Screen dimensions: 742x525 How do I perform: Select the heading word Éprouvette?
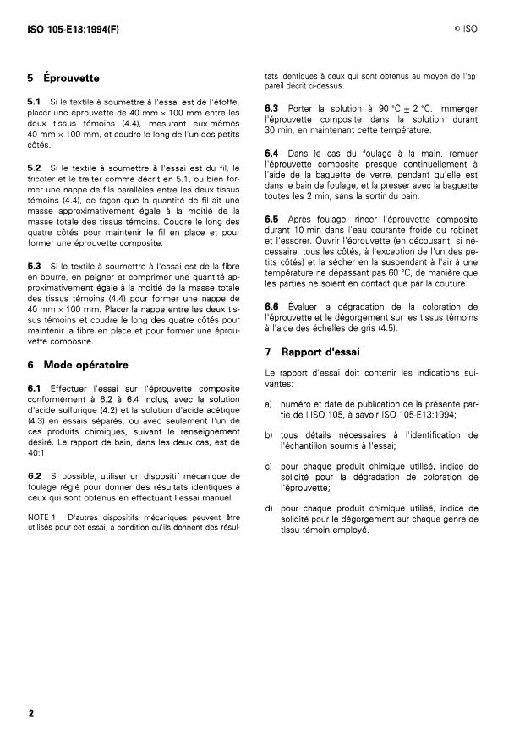(71, 79)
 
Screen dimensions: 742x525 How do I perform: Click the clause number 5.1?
(35, 102)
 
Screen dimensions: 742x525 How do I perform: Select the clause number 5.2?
(35, 168)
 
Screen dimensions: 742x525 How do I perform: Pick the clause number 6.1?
(35, 389)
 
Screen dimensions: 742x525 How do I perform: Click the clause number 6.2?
(35, 476)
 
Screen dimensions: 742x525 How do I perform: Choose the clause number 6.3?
(272, 109)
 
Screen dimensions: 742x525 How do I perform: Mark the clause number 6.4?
(272, 152)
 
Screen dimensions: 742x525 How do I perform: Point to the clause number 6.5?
(272, 219)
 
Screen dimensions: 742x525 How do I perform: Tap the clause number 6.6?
(272, 306)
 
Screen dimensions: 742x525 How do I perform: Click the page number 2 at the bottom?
(30, 712)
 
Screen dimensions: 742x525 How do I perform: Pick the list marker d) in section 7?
(269, 508)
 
